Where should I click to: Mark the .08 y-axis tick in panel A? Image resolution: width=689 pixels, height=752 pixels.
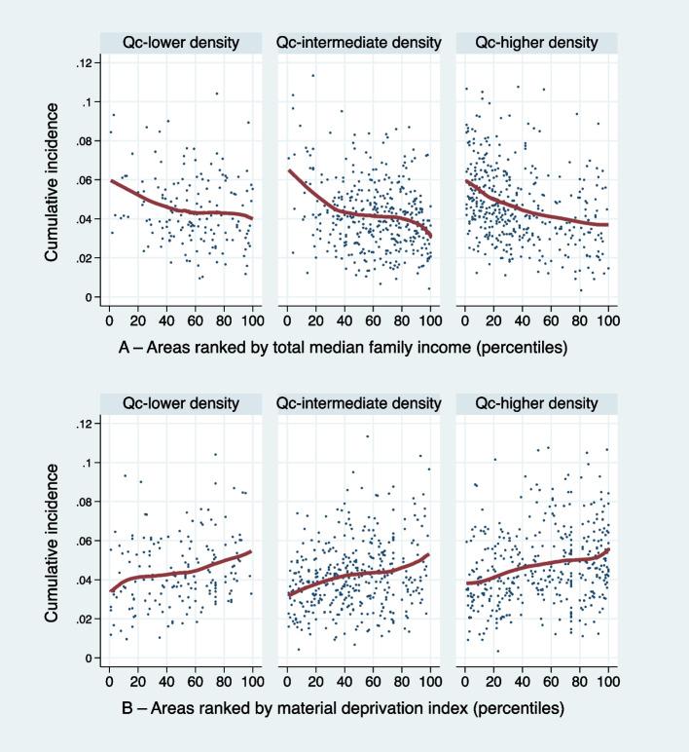click(85, 141)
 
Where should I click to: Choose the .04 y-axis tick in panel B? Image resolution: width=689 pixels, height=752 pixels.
click(85, 581)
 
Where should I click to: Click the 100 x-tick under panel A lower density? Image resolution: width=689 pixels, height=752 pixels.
click(252, 318)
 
